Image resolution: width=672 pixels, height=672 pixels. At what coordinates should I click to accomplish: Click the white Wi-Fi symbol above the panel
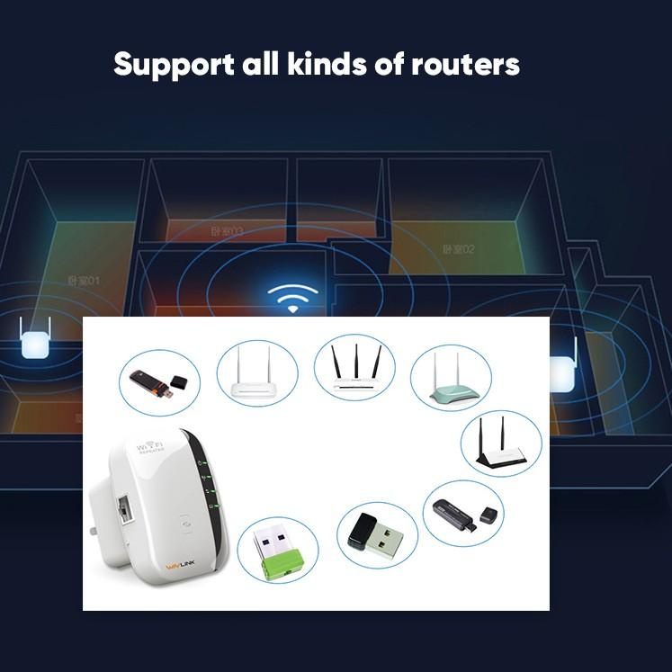(x=293, y=297)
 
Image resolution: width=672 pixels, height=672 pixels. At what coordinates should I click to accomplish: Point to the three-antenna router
(x=354, y=370)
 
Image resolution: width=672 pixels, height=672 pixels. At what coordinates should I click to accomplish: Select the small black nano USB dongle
(x=375, y=534)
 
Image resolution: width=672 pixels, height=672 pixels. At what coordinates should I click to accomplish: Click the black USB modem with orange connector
(x=148, y=383)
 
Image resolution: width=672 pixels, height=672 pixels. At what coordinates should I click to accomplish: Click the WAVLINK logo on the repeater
(x=184, y=566)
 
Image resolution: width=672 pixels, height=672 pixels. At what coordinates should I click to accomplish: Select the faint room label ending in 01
(x=84, y=282)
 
